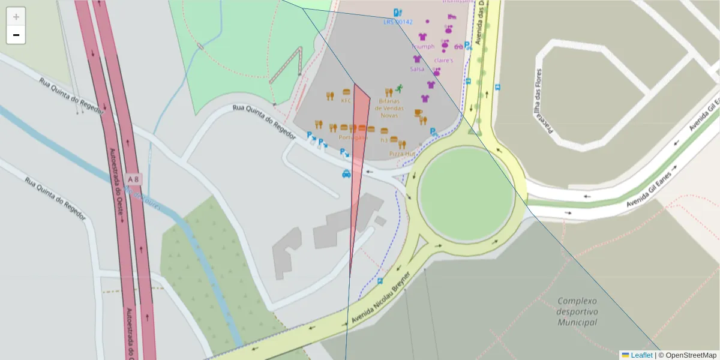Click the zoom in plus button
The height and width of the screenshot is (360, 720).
(16, 17)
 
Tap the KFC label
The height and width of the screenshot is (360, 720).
(346, 101)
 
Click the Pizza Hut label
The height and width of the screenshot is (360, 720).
(401, 154)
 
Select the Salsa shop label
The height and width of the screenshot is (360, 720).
(417, 69)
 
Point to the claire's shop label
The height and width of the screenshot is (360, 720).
(443, 61)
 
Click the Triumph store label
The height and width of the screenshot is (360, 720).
(422, 46)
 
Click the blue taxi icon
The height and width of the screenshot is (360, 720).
(346, 174)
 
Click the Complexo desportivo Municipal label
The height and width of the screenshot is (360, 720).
(577, 311)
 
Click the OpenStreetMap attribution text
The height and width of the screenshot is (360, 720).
(687, 355)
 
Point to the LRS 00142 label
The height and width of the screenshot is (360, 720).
(398, 22)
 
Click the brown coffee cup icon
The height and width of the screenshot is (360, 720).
(418, 112)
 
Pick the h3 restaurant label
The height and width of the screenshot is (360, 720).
(384, 140)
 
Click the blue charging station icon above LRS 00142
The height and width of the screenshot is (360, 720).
(397, 12)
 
